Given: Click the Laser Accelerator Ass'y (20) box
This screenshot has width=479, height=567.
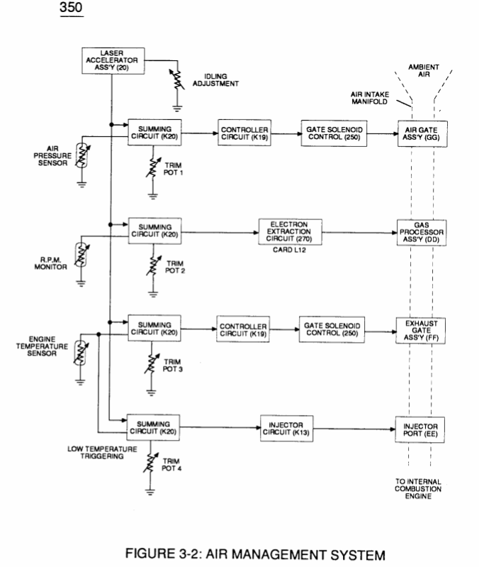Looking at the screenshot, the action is click(x=113, y=61).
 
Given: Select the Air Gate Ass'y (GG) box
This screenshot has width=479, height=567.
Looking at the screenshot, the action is click(x=422, y=134).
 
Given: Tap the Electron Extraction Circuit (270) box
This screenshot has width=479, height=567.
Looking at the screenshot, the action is click(x=290, y=232).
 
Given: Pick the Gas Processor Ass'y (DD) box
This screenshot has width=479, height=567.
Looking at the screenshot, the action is click(x=421, y=233).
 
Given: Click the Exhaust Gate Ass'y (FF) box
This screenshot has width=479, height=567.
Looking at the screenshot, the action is click(x=420, y=331).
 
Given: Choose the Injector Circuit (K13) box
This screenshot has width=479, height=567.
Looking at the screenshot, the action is click(x=286, y=429).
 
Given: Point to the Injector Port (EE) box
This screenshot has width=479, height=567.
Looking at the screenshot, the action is click(x=419, y=429).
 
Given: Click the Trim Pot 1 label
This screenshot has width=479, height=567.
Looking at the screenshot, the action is click(x=174, y=169).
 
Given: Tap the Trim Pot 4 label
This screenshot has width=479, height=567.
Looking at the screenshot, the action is click(x=171, y=465).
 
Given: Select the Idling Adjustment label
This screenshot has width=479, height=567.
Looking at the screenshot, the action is click(x=215, y=80).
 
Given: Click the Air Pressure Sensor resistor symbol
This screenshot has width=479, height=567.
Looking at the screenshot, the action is click(x=82, y=155).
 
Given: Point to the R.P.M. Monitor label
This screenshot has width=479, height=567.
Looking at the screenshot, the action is click(x=50, y=263).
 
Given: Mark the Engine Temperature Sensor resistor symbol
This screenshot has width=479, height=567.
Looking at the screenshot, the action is click(x=81, y=353).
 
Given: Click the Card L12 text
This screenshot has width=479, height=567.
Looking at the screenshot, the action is click(x=289, y=250).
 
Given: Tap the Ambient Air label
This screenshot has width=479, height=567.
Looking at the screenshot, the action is click(x=424, y=70).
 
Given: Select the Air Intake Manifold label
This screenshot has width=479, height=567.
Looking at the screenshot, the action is click(x=370, y=98).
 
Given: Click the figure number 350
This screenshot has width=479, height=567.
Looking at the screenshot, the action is click(x=71, y=7).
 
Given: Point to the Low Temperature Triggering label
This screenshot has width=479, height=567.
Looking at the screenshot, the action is click(x=102, y=452).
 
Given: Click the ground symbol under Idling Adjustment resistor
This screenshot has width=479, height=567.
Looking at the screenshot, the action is click(x=177, y=108).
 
